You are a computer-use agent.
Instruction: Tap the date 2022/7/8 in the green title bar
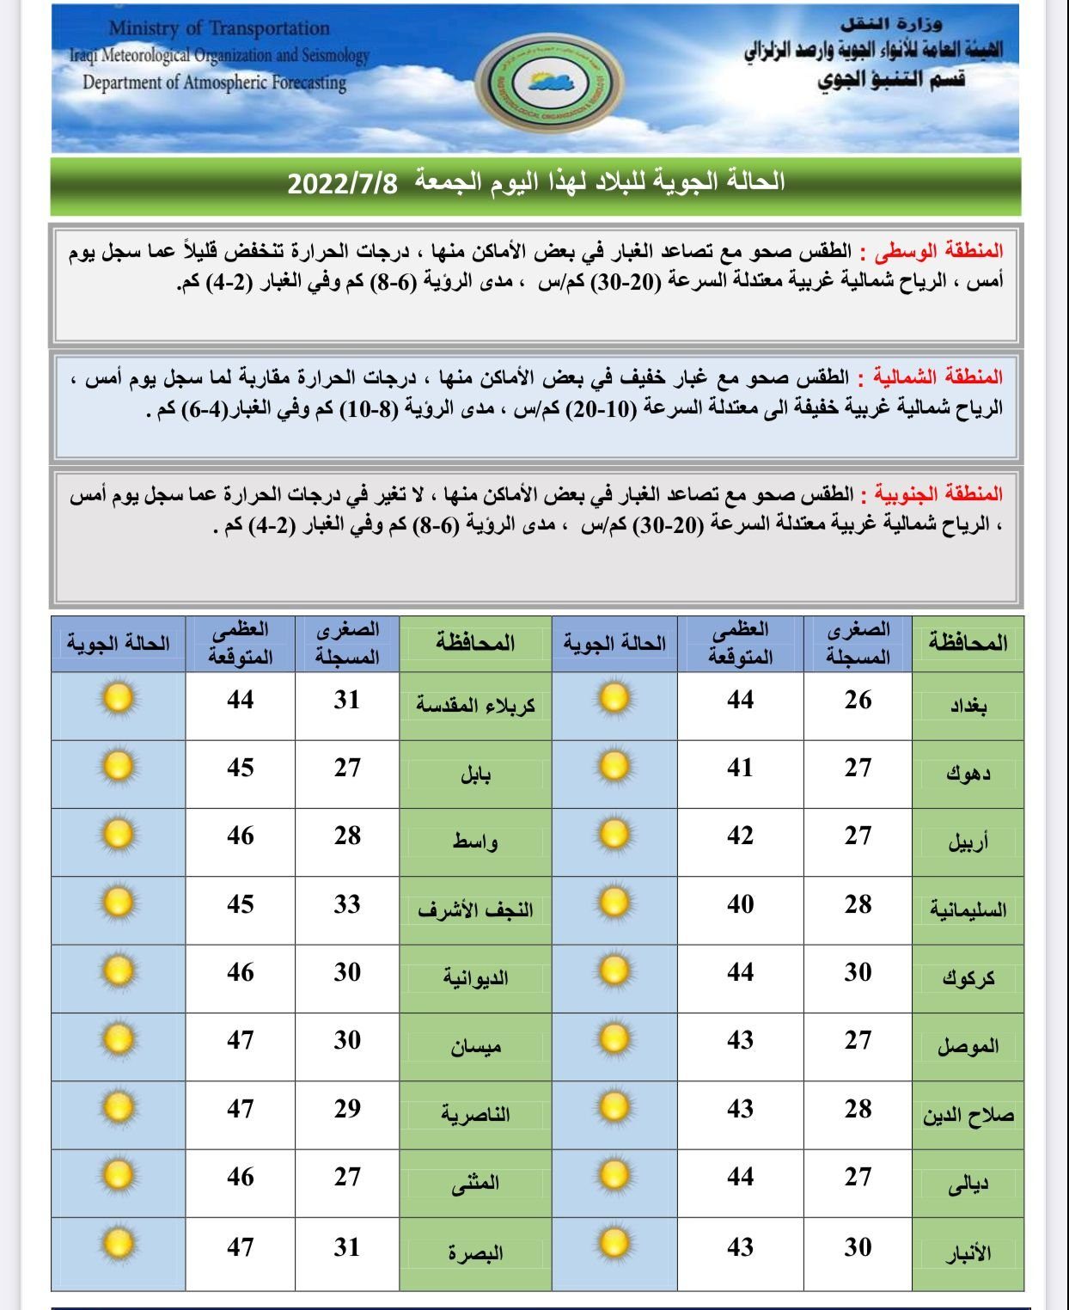pyautogui.click(x=342, y=183)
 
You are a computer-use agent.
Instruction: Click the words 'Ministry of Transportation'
pyautogui.click(x=219, y=28)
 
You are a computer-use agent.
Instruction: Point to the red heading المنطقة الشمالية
pyautogui.click(x=938, y=377)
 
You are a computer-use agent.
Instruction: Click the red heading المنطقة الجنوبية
pyautogui.click(x=939, y=494)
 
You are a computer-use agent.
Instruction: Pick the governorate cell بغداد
pyautogui.click(x=968, y=706)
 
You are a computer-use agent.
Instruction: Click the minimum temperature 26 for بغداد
pyautogui.click(x=858, y=701)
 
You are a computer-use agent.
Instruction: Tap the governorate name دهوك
pyautogui.click(x=968, y=774)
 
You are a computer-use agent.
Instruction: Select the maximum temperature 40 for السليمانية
pyautogui.click(x=740, y=904)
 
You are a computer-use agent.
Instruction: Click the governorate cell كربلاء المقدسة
pyautogui.click(x=475, y=706)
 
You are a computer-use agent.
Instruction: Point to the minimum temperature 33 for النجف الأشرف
pyautogui.click(x=347, y=904)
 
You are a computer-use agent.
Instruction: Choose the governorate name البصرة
pyautogui.click(x=475, y=1253)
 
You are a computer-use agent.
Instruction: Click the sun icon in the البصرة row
pyautogui.click(x=118, y=1244)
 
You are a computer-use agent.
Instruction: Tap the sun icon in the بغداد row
pyautogui.click(x=614, y=698)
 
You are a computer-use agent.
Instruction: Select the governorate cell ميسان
pyautogui.click(x=475, y=1047)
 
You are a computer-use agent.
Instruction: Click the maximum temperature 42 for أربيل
pyautogui.click(x=740, y=836)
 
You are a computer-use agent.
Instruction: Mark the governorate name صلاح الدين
pyautogui.click(x=968, y=1116)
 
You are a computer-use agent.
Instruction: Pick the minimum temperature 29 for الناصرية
pyautogui.click(x=347, y=1109)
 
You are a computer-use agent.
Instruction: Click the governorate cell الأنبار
pyautogui.click(x=968, y=1253)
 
